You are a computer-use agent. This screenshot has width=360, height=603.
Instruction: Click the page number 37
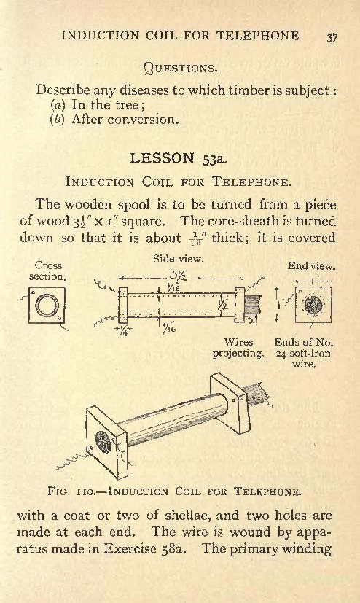[332, 37]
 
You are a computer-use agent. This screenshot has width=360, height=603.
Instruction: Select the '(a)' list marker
[58, 105]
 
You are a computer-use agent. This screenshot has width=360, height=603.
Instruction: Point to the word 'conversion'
[143, 120]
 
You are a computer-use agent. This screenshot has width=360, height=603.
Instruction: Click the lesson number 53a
[215, 159]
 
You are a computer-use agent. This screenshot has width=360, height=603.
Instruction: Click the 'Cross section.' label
[47, 271]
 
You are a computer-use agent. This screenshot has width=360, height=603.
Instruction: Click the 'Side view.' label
[178, 259]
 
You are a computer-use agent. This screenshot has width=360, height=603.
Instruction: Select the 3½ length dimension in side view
[178, 276]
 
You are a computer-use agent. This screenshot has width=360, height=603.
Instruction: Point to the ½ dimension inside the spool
[223, 305]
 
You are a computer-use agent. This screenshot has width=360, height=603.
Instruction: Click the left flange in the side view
[123, 305]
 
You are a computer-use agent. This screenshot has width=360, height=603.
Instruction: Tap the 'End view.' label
[311, 266]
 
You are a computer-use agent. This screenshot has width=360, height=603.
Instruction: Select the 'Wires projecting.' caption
[238, 348]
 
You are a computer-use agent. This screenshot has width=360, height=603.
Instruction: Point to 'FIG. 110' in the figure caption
[68, 491]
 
